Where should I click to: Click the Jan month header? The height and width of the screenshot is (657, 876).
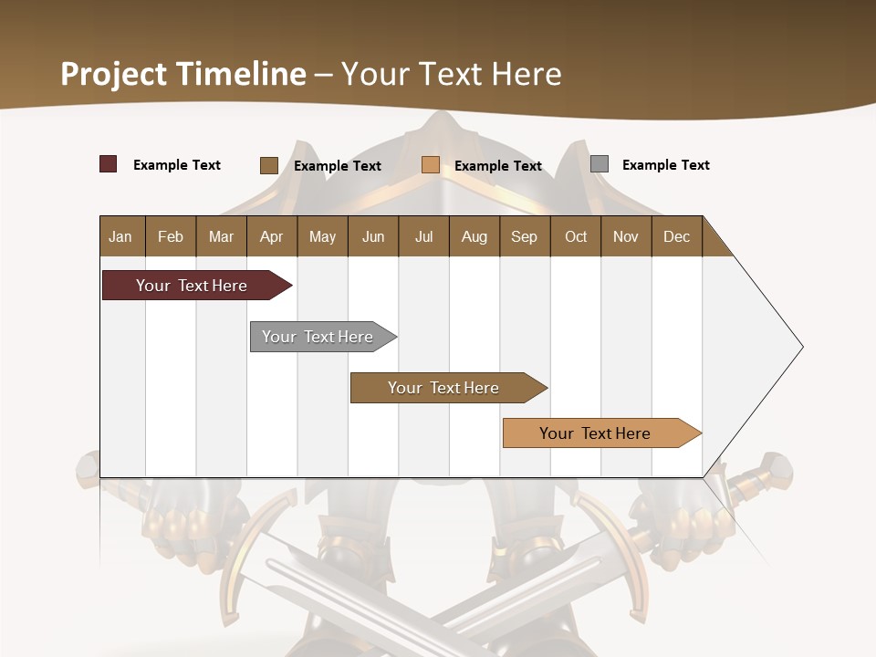tap(121, 236)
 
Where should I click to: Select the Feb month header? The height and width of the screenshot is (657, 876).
tap(171, 236)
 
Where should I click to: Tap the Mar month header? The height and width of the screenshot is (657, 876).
tap(221, 236)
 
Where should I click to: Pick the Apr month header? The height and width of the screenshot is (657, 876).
tap(272, 236)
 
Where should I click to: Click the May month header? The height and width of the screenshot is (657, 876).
tap(322, 236)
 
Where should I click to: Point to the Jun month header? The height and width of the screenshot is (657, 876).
tap(373, 236)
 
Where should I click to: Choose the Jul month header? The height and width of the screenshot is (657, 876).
tap(423, 236)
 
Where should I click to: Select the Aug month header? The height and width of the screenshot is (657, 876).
tap(474, 236)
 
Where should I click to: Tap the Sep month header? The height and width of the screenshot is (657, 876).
tap(525, 236)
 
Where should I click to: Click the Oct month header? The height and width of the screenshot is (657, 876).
tap(576, 236)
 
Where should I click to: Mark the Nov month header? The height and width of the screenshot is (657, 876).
tap(626, 236)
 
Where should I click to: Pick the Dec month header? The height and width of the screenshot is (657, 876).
tap(677, 236)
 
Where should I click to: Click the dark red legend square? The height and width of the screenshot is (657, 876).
tap(108, 164)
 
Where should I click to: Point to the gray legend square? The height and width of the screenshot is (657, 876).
tap(600, 164)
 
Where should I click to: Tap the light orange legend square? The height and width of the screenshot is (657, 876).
tap(431, 165)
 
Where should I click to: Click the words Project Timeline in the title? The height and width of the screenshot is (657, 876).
tap(183, 74)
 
